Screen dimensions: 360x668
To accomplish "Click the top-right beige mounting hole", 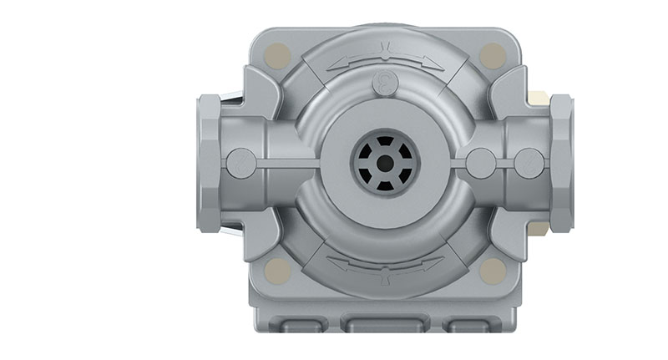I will pyautogui.click(x=493, y=57).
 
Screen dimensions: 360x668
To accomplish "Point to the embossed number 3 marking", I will pyautogui.click(x=385, y=81).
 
